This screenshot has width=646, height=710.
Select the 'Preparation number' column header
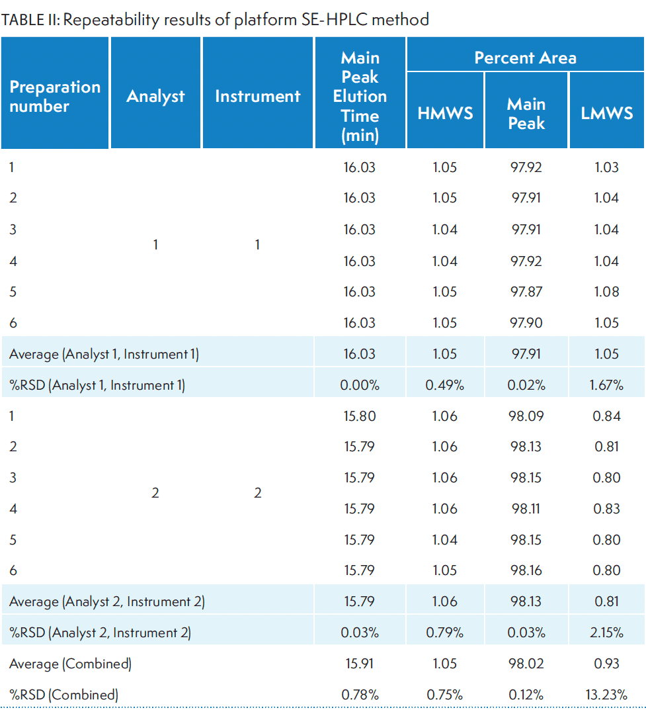[55, 97]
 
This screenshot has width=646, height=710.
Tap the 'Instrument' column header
[257, 97]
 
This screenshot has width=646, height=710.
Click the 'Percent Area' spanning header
[525, 58]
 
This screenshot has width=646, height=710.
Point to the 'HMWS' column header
[445, 113]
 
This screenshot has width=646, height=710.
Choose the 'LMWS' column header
[606, 113]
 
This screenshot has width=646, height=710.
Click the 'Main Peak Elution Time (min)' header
[360, 97]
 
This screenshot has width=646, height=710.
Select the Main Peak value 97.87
[526, 292]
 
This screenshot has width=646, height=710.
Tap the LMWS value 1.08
[606, 292]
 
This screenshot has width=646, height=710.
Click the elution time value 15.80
[360, 416]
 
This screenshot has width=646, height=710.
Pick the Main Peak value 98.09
[526, 416]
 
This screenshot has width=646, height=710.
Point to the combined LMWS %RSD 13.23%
[606, 695]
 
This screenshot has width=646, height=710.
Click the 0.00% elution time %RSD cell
[360, 385]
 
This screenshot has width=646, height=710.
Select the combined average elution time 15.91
[360, 664]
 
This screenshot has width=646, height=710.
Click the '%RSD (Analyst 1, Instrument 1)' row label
[97, 385]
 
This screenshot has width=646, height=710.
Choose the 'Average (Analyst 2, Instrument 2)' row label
[106, 601]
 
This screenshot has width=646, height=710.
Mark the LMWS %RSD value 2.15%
[606, 633]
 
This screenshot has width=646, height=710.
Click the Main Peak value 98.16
[526, 570]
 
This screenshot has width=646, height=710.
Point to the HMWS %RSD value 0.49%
[445, 385]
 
